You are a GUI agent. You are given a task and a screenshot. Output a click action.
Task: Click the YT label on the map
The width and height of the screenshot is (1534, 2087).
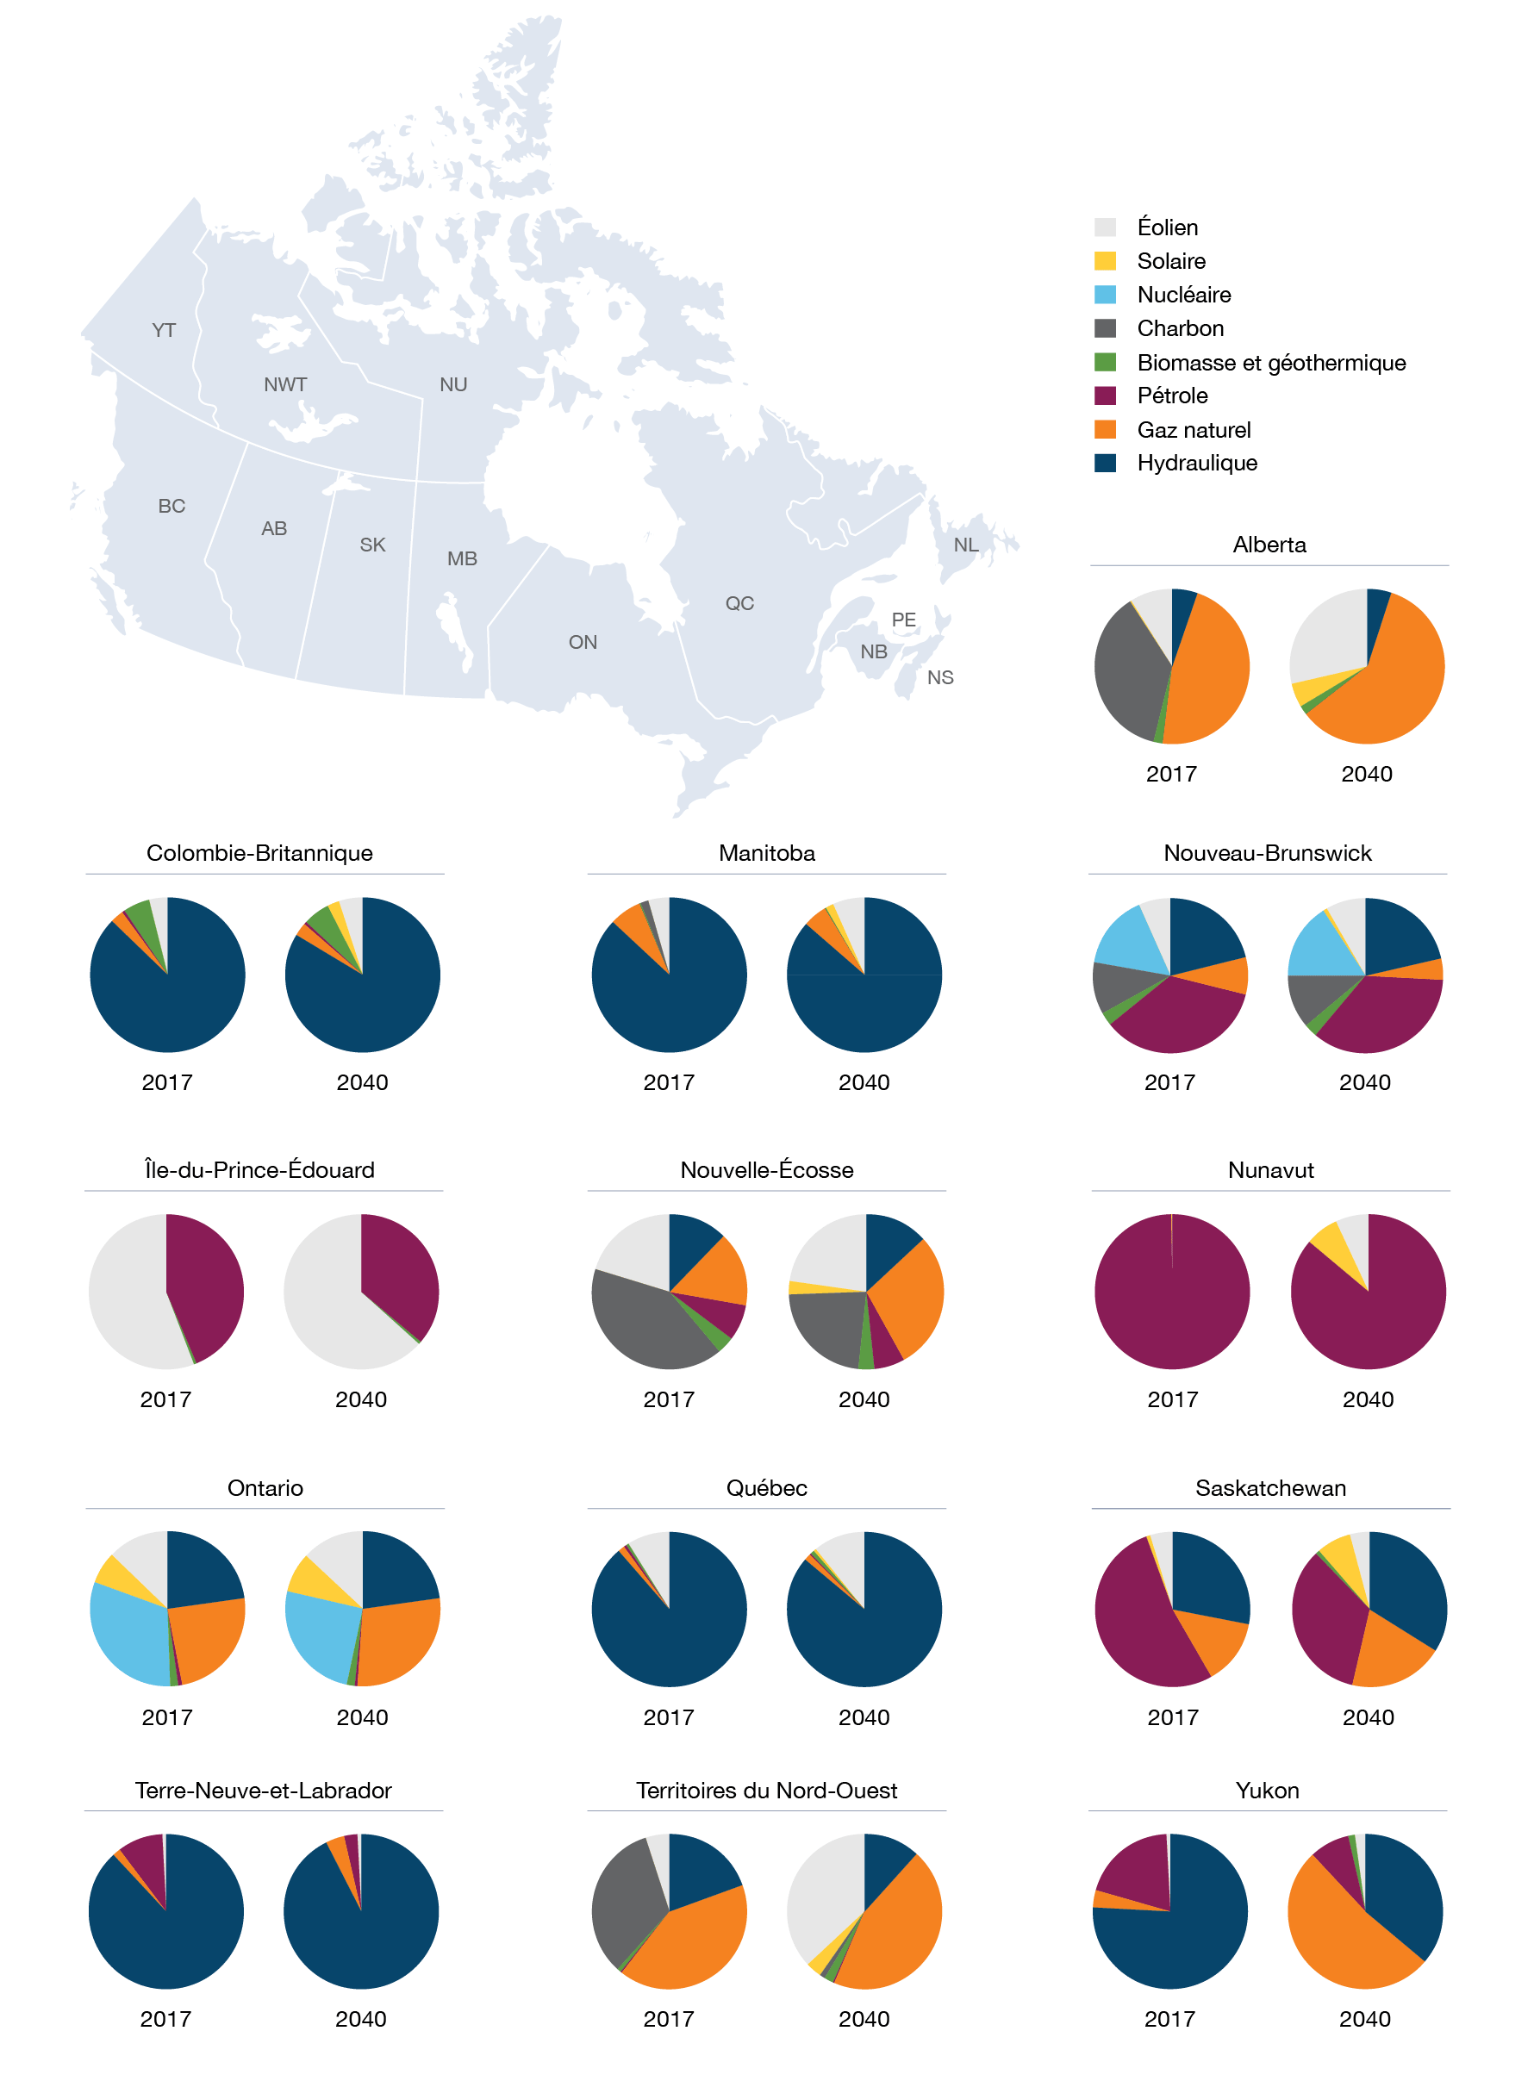164,331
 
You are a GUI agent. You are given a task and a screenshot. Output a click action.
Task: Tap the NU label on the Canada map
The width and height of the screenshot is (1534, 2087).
453,384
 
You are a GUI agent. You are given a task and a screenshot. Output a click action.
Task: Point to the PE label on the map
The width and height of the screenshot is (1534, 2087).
903,620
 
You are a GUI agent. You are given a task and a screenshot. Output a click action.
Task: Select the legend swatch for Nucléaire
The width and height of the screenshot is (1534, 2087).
1105,296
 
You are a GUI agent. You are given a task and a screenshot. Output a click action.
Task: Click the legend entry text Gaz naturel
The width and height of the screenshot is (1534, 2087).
1194,430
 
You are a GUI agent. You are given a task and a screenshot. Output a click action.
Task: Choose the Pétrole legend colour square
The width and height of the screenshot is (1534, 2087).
1105,396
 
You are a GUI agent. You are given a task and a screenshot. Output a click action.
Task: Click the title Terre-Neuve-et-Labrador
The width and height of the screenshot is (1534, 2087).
264,1791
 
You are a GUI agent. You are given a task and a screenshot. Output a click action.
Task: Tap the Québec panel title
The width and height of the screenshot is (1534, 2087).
766,1488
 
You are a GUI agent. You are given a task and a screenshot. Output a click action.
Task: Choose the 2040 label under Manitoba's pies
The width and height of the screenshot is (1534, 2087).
864,1082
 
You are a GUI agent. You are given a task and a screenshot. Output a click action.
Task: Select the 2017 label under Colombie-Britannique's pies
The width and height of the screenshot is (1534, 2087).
167,1082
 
